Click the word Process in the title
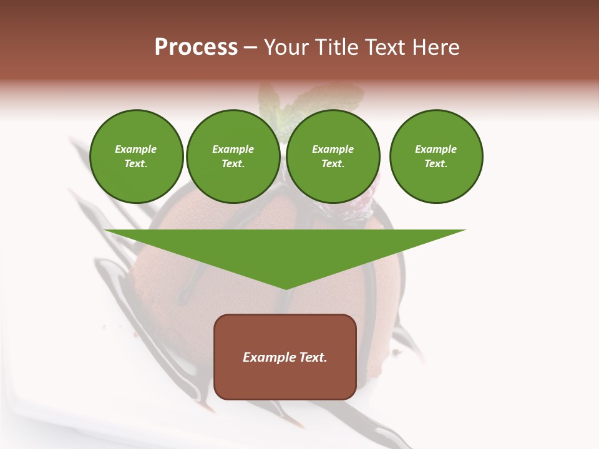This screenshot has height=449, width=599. tap(196, 47)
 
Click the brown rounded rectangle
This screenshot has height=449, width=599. tap(285, 380)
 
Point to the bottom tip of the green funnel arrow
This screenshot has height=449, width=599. tap(286, 288)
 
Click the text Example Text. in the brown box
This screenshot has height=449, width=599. tap(285, 357)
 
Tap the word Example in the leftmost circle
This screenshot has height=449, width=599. tap(136, 149)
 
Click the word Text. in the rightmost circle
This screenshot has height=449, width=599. tap(436, 163)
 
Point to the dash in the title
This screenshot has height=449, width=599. tap(251, 47)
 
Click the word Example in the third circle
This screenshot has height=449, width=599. tap(333, 149)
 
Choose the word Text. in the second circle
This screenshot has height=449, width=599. tap(233, 163)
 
